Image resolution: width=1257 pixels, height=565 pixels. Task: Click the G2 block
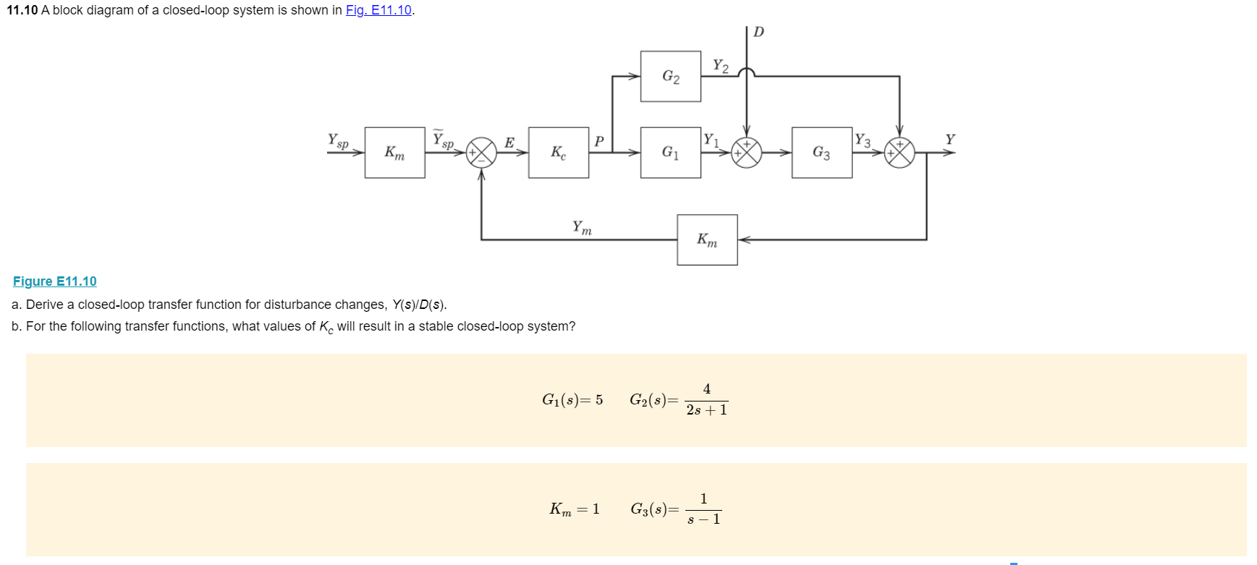pyautogui.click(x=670, y=76)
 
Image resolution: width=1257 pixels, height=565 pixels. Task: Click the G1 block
pyautogui.click(x=670, y=152)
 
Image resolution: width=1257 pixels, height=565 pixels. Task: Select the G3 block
pyautogui.click(x=821, y=152)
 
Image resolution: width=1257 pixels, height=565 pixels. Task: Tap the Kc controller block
pyautogui.click(x=558, y=152)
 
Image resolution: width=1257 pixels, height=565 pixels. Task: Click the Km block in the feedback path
pyautogui.click(x=707, y=239)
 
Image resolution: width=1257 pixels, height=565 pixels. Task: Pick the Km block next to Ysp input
pyautogui.click(x=394, y=152)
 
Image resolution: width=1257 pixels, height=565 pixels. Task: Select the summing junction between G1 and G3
pyautogui.click(x=747, y=153)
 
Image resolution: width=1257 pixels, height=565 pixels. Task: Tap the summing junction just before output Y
pyautogui.click(x=900, y=153)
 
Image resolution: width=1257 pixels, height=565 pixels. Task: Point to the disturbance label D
pyautogui.click(x=758, y=32)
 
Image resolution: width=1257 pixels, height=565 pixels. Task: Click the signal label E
pyautogui.click(x=509, y=143)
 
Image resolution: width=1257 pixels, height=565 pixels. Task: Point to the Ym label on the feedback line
pyautogui.click(x=582, y=228)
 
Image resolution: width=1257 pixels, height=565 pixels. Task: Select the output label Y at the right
pyautogui.click(x=950, y=139)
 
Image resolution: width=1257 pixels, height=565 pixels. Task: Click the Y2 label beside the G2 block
pyautogui.click(x=720, y=66)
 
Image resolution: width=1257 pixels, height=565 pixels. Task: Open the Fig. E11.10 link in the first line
pyautogui.click(x=378, y=10)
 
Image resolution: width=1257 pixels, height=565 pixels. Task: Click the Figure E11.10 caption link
pyautogui.click(x=55, y=281)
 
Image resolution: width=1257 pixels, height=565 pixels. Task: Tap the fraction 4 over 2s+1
pyautogui.click(x=706, y=399)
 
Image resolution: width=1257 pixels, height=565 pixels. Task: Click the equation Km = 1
pyautogui.click(x=575, y=509)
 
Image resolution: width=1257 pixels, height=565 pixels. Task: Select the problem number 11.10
pyautogui.click(x=22, y=10)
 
